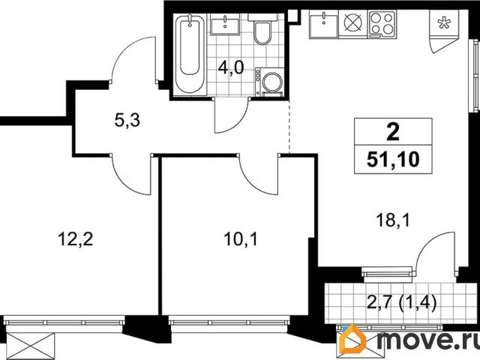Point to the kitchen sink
323,24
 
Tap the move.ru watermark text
424,341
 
